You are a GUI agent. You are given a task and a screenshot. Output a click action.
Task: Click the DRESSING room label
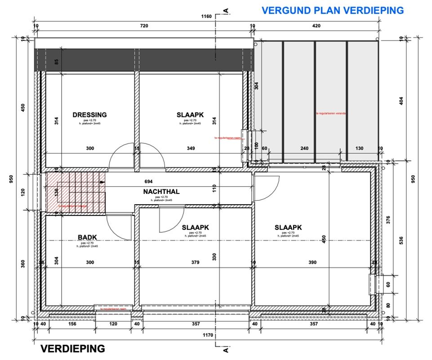[89, 115]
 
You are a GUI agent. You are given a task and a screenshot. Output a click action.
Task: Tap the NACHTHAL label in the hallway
[161, 192]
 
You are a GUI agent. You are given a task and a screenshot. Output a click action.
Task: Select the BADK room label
[87, 237]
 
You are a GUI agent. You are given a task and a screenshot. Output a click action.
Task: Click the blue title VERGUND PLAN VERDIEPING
[333, 10]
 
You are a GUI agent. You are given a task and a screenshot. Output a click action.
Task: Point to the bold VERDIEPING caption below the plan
[72, 349]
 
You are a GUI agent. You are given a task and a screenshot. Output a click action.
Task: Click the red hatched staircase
[75, 193]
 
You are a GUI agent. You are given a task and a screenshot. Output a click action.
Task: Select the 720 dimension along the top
[144, 26]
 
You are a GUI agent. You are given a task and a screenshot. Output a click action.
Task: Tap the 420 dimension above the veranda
[316, 26]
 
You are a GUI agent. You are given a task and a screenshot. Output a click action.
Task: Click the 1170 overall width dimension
[208, 335]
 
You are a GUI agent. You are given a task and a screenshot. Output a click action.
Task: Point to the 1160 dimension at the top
[206, 17]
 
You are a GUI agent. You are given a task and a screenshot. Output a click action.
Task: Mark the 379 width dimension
[195, 262]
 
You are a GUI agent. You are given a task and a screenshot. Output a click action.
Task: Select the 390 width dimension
[312, 262]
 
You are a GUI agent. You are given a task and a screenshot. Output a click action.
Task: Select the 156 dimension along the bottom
[72, 324]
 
